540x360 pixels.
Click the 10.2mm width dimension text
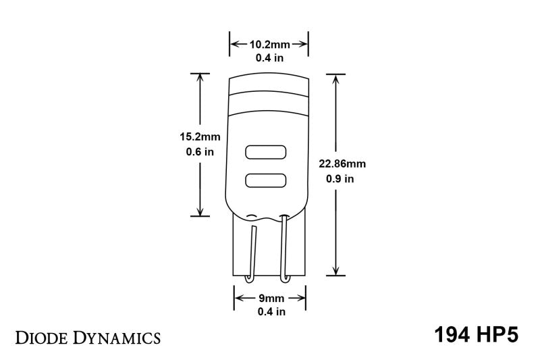[x=269, y=45]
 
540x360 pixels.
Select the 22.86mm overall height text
[x=342, y=164]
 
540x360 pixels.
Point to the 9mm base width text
[x=270, y=298]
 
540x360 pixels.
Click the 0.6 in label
[x=200, y=152]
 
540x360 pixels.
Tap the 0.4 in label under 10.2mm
[x=269, y=58]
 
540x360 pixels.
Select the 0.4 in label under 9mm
[x=270, y=311]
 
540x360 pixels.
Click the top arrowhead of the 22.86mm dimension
[x=335, y=78]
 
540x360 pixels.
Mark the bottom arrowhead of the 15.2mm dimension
[x=200, y=211]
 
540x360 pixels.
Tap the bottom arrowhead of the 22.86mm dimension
[x=335, y=272]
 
